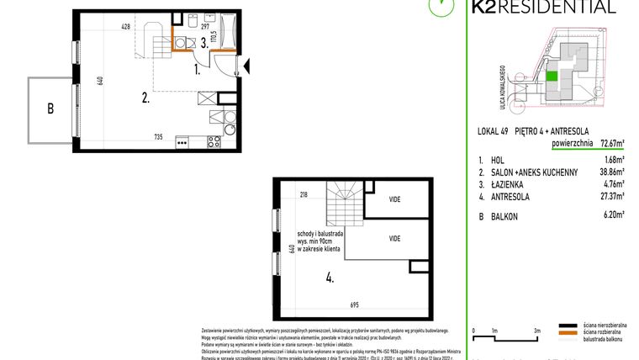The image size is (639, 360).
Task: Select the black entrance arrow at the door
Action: tap(246, 64)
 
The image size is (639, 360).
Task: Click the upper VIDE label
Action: tap(394, 199)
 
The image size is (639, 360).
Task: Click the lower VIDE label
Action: tap(394, 239)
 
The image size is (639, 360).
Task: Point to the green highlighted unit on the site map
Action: tap(552, 77)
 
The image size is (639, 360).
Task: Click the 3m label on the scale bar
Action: tap(536, 331)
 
